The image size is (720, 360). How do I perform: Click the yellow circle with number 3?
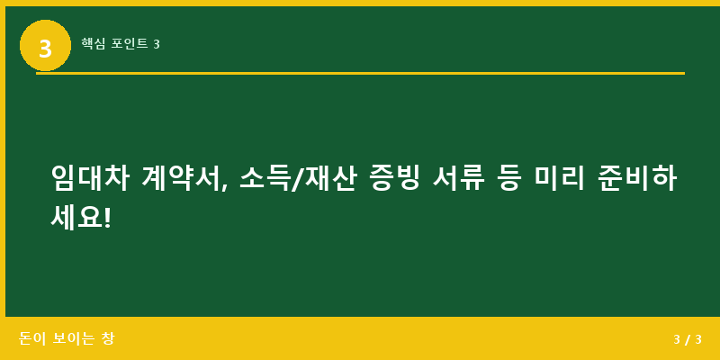tap(45, 46)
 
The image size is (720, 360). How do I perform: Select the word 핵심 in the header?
tap(93, 43)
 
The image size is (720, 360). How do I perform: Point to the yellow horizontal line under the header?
tap(360, 73)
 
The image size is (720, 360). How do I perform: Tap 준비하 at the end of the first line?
tap(636, 178)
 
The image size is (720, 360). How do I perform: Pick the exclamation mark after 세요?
tap(107, 216)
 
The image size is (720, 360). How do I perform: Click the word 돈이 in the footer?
tap(31, 339)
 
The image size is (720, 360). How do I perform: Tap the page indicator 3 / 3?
tap(688, 339)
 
